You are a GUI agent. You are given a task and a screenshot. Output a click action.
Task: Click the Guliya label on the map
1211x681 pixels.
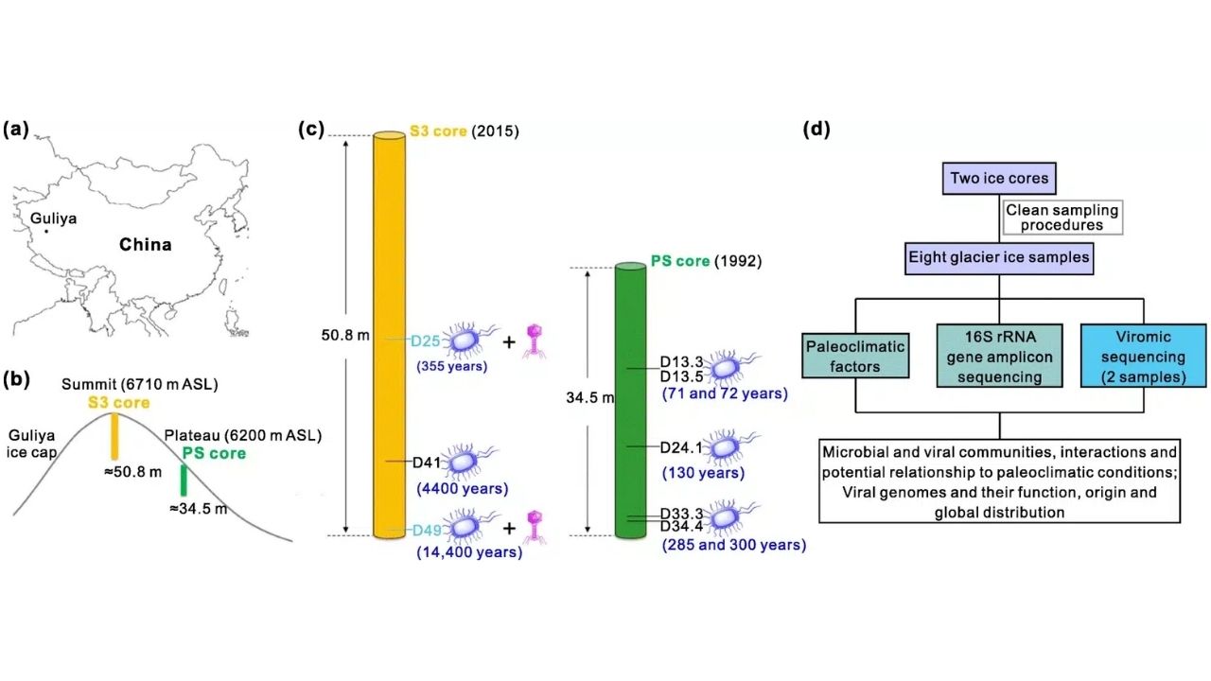pos(53,218)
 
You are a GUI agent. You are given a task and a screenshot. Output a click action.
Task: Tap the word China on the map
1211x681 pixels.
pos(146,245)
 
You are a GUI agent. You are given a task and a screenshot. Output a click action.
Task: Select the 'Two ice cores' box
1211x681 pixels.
pos(999,179)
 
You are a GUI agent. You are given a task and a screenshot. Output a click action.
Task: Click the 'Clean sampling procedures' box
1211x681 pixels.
pos(1062,218)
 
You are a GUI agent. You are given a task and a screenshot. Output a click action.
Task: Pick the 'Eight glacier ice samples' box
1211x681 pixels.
pos(999,258)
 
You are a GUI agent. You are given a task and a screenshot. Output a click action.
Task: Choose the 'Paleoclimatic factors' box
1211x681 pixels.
pos(855,357)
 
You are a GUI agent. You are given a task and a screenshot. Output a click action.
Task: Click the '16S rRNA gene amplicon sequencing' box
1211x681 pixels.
pos(1000,357)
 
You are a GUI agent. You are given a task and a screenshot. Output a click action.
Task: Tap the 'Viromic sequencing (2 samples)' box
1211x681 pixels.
pos(1144,357)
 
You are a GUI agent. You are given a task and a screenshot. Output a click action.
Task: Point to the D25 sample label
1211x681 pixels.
pos(426,341)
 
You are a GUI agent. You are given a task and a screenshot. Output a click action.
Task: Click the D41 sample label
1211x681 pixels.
pos(427,463)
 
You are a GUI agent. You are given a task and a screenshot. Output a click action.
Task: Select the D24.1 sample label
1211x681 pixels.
pos(681,447)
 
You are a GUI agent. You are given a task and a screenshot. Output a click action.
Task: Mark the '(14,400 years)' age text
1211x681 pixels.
pos(469,551)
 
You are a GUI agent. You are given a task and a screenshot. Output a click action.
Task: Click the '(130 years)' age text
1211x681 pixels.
pos(703,473)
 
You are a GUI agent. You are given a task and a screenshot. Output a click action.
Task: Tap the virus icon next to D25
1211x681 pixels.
pos(535,341)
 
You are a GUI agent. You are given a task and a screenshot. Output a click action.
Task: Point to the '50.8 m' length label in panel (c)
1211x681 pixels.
pos(345,336)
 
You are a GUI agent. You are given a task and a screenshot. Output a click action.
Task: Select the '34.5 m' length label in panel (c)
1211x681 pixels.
pos(590,398)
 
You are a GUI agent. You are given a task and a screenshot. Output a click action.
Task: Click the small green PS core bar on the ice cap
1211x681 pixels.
pos(184,480)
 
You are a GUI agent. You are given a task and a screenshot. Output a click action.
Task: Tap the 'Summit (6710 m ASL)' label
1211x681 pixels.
pos(139,384)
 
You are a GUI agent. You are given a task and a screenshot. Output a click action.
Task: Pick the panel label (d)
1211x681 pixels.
pos(816,130)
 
